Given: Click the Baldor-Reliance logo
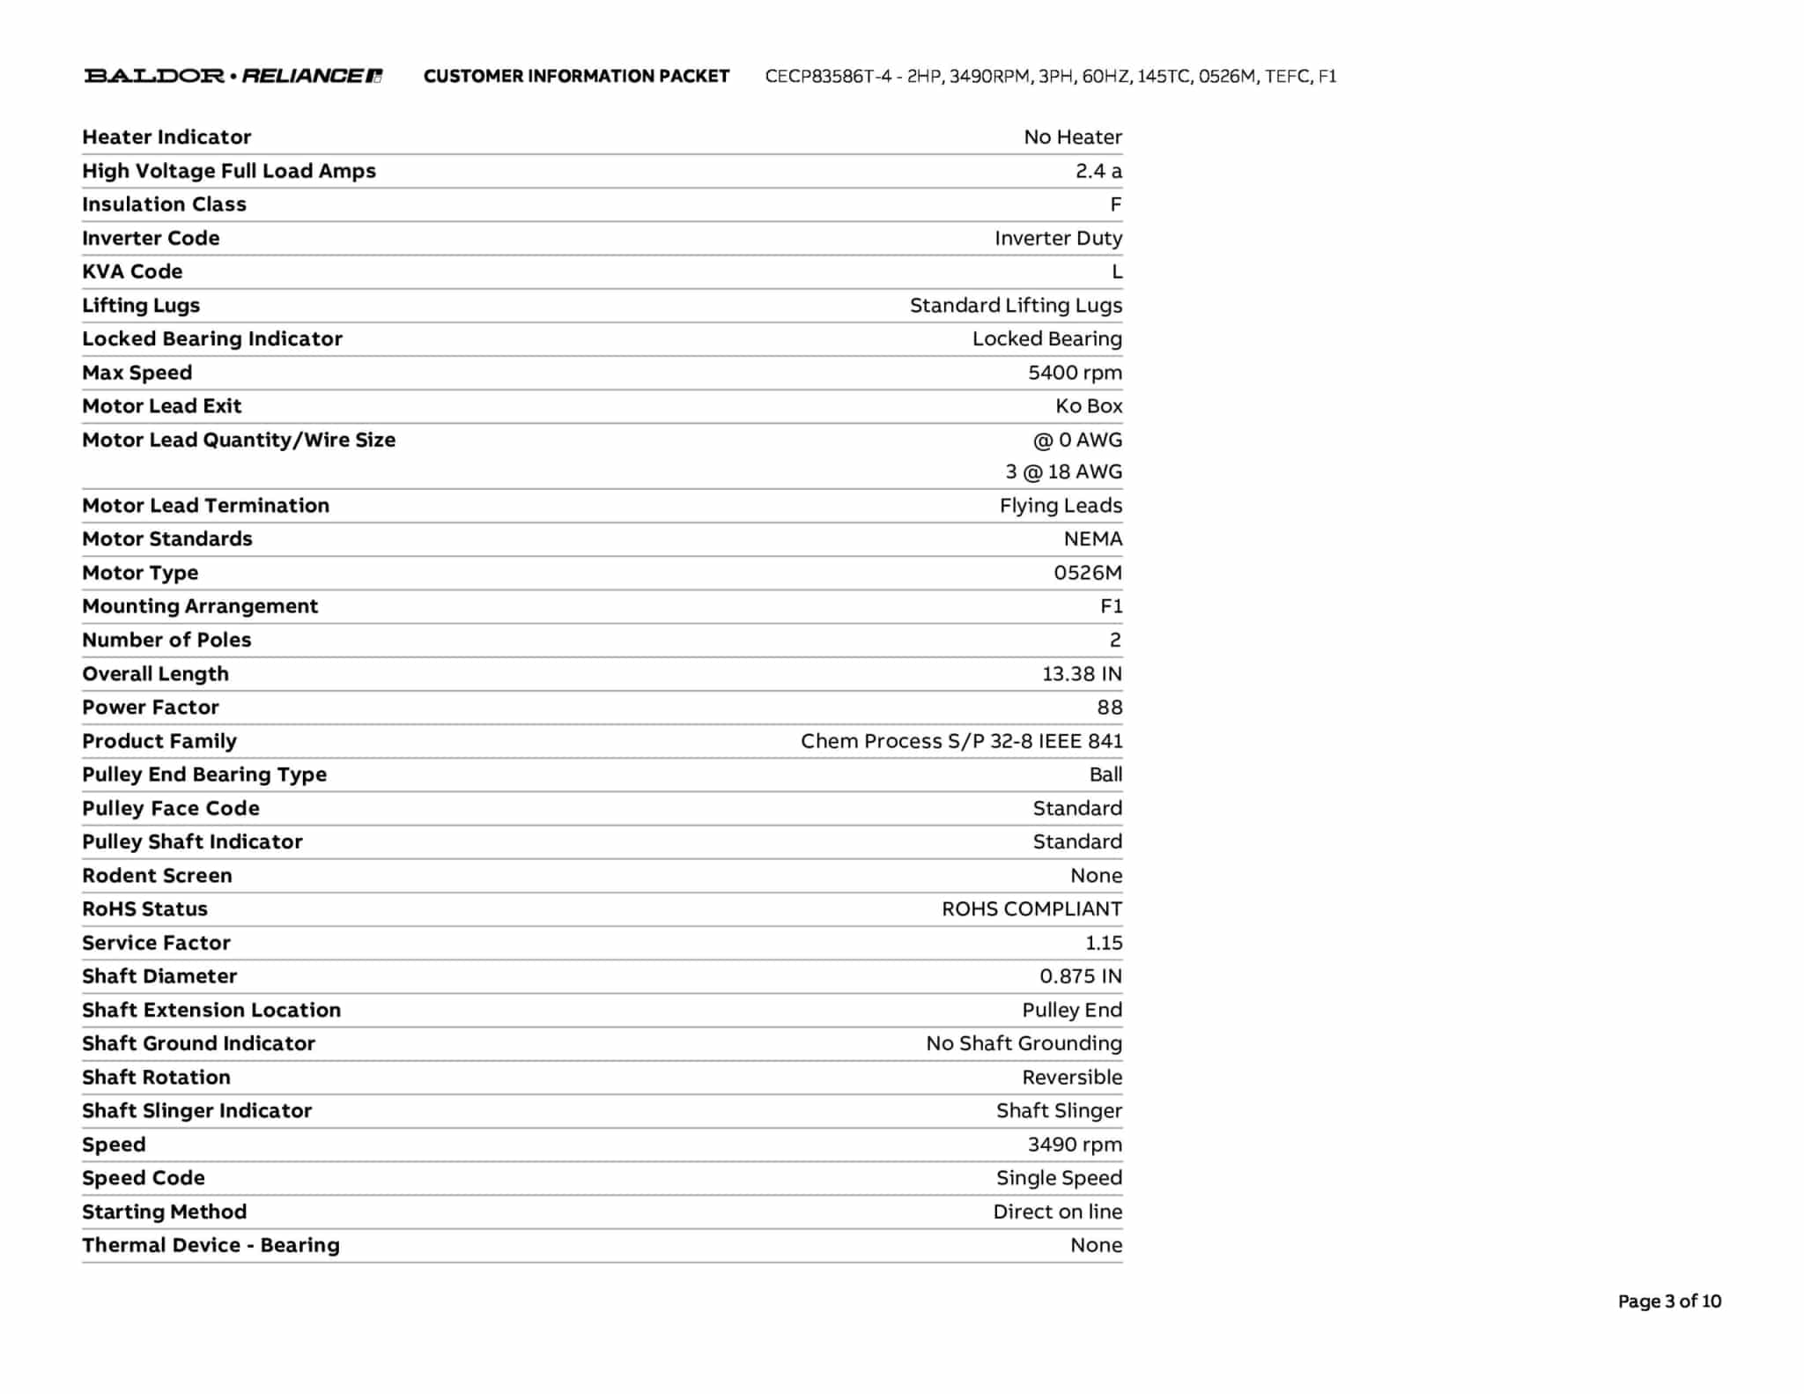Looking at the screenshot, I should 233,76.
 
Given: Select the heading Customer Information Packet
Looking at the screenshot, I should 576,77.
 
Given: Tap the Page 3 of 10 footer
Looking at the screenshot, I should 1668,1301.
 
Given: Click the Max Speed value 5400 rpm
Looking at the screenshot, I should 1075,373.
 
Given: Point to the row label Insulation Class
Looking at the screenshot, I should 164,204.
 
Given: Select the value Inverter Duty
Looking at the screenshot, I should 1058,238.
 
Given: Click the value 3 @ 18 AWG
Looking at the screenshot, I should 1063,472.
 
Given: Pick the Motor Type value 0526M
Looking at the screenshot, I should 1087,573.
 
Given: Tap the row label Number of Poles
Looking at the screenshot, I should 166,640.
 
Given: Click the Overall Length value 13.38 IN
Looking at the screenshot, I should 1082,674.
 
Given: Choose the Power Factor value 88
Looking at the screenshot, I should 1109,708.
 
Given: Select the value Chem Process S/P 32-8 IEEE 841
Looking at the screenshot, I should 961,741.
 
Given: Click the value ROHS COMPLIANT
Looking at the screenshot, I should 1031,909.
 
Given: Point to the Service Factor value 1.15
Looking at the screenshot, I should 1103,943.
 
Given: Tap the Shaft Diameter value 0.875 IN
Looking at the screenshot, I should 1080,976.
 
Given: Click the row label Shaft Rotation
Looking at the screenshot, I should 156,1078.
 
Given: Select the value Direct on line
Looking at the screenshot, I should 1057,1212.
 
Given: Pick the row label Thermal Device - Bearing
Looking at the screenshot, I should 211,1245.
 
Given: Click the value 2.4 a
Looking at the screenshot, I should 1098,171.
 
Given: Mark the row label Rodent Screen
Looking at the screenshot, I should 157,876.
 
